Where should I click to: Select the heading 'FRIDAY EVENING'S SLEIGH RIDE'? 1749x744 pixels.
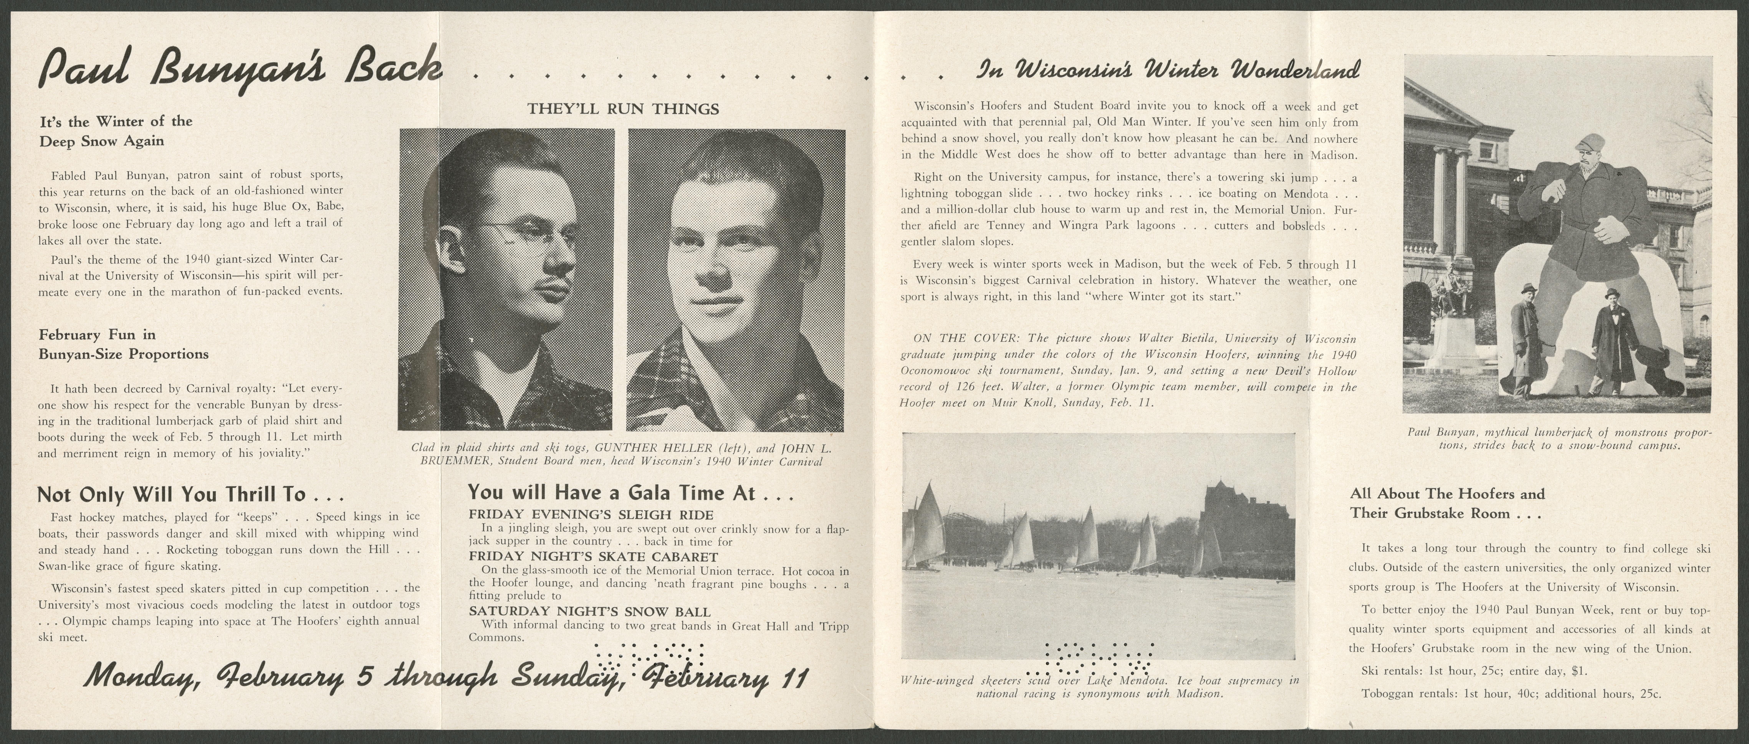(x=591, y=515)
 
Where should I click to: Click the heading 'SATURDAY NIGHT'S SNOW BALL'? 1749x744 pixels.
(x=589, y=612)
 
